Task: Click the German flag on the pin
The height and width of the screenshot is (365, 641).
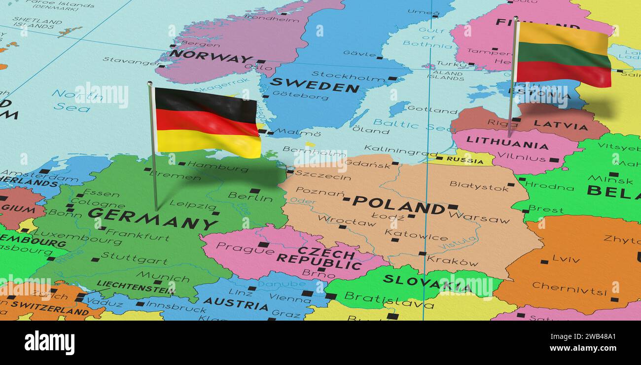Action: pyautogui.click(x=207, y=122)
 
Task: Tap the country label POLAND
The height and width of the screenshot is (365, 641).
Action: pyautogui.click(x=398, y=205)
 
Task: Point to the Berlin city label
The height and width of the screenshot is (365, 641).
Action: pyautogui.click(x=250, y=197)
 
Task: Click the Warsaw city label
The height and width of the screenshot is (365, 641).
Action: pyautogui.click(x=479, y=218)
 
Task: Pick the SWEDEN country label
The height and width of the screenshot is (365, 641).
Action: pyautogui.click(x=315, y=85)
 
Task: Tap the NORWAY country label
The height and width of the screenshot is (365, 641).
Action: pyautogui.click(x=211, y=56)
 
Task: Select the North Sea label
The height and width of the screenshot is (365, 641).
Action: pyautogui.click(x=71, y=100)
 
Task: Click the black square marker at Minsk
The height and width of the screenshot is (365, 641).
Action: pyautogui.click(x=613, y=174)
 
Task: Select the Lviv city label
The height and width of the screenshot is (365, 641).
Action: pyautogui.click(x=566, y=258)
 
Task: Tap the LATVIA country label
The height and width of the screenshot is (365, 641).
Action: pyautogui.click(x=561, y=125)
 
